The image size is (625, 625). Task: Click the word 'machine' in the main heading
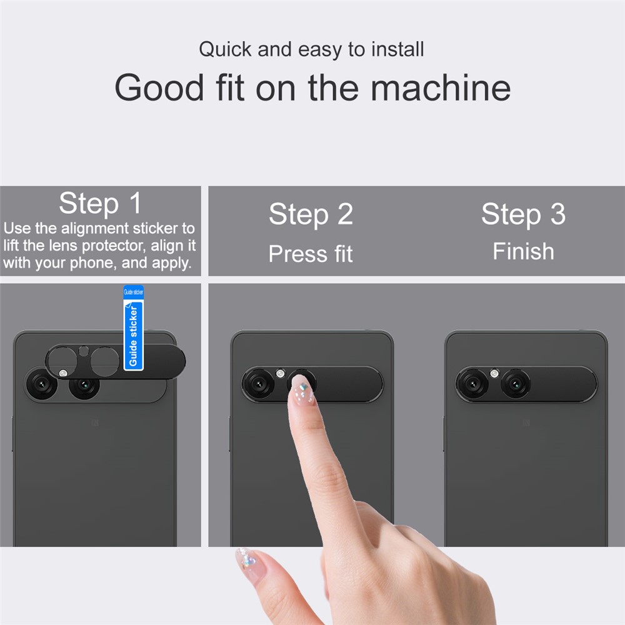tap(441, 87)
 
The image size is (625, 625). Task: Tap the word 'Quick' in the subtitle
tap(225, 49)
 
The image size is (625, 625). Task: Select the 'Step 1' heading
tap(100, 203)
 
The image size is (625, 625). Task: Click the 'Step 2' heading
tap(311, 214)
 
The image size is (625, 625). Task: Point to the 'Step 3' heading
tap(523, 214)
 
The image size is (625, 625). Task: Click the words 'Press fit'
tap(311, 254)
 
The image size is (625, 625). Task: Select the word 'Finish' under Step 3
tap(523, 251)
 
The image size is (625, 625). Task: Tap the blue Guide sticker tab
tap(134, 327)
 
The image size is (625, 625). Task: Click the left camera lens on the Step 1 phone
tap(41, 384)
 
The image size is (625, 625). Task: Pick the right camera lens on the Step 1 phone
tap(84, 385)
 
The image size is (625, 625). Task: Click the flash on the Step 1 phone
tap(63, 373)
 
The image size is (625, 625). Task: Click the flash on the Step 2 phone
tap(280, 374)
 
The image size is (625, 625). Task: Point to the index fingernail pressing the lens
tap(302, 389)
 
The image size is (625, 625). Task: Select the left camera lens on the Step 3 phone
tap(472, 384)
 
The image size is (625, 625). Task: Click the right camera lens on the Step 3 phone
tap(516, 384)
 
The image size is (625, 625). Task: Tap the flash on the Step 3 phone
tap(494, 374)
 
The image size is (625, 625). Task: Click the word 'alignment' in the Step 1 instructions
tap(95, 228)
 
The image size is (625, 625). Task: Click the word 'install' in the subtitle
tap(397, 49)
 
